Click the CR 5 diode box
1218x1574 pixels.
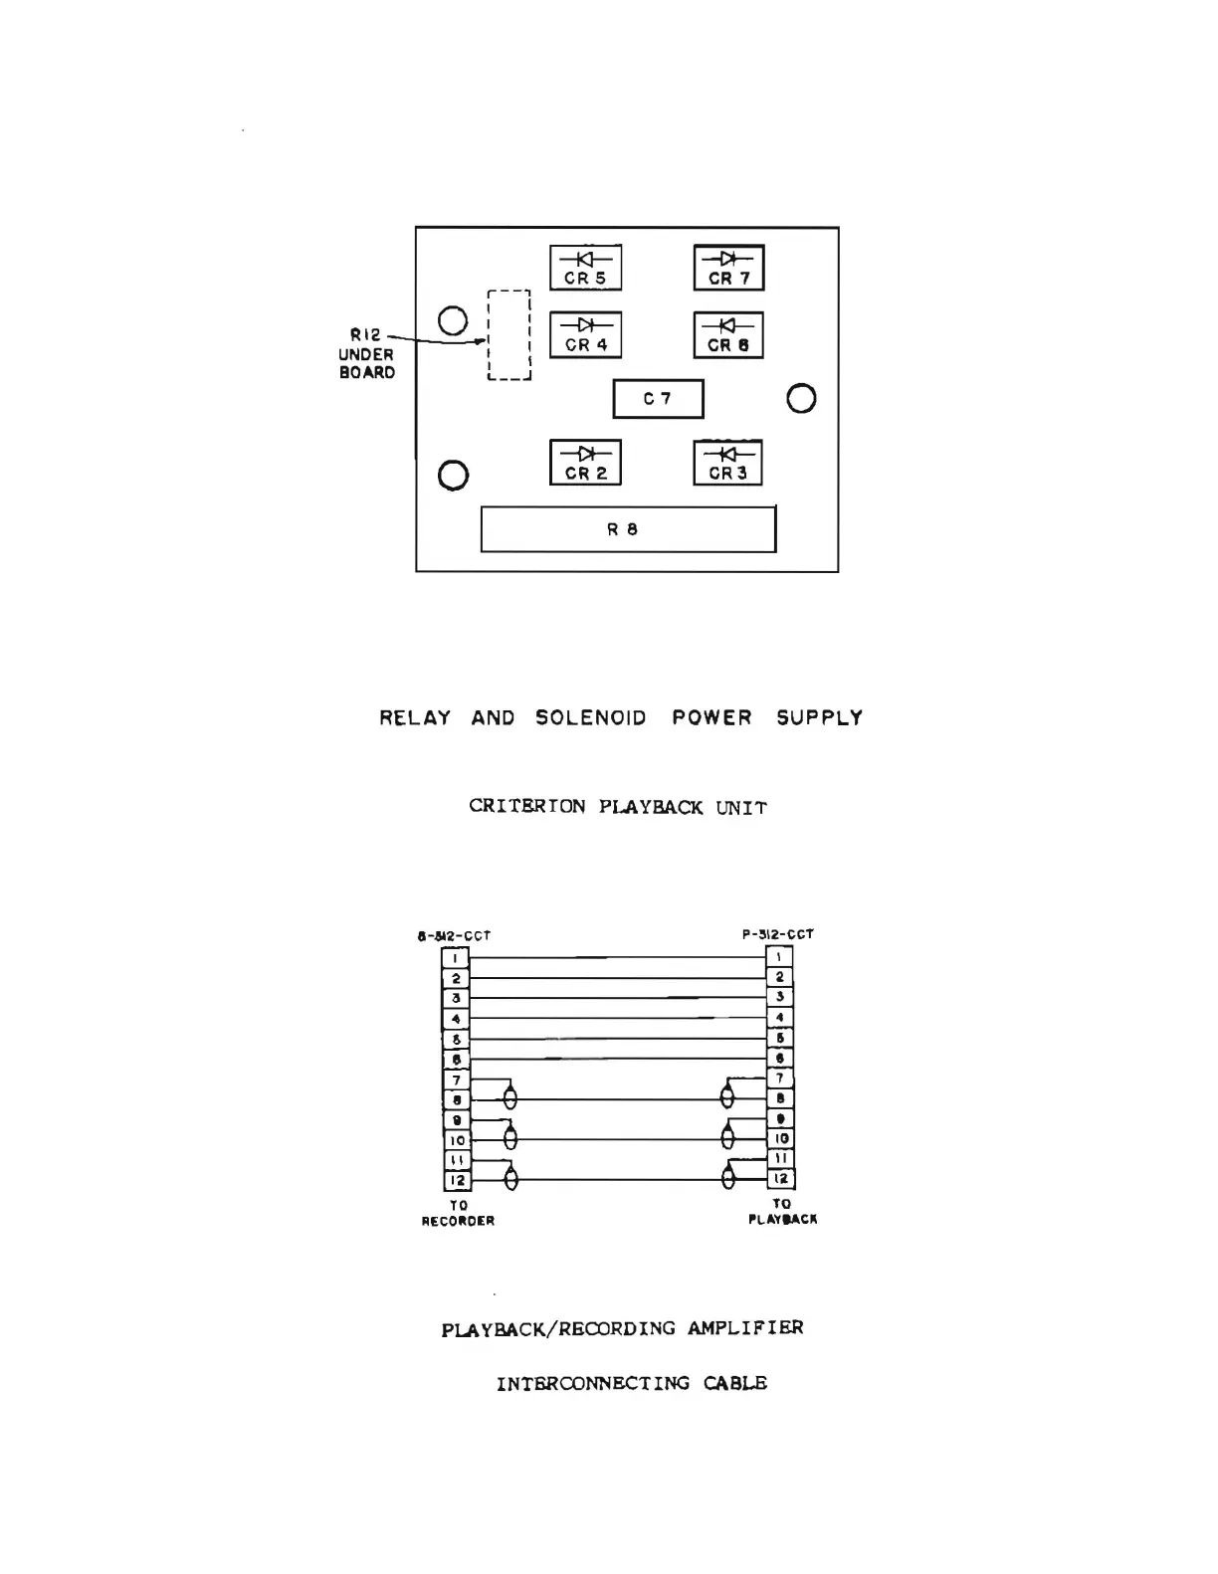click(x=585, y=268)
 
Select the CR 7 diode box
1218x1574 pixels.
click(x=728, y=268)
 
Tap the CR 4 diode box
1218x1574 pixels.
click(x=585, y=334)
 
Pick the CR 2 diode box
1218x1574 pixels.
click(x=585, y=463)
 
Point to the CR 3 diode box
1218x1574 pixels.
click(x=727, y=463)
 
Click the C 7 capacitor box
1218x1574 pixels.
click(x=658, y=399)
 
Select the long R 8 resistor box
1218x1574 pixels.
click(x=628, y=529)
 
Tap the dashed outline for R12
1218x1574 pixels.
click(x=508, y=335)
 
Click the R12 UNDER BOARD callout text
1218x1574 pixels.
click(x=366, y=354)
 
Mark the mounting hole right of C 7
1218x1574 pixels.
click(x=801, y=399)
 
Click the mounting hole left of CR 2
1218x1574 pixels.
click(x=453, y=476)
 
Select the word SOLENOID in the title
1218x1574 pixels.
click(x=591, y=718)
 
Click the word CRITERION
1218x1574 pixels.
click(x=527, y=807)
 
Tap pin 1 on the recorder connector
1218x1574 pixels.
click(x=456, y=958)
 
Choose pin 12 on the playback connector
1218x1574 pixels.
click(x=780, y=1179)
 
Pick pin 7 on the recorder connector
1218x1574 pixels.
click(x=456, y=1081)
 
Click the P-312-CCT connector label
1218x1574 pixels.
click(x=778, y=934)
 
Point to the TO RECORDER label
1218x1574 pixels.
click(x=458, y=1213)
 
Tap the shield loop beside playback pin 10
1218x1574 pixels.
click(x=727, y=1138)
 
